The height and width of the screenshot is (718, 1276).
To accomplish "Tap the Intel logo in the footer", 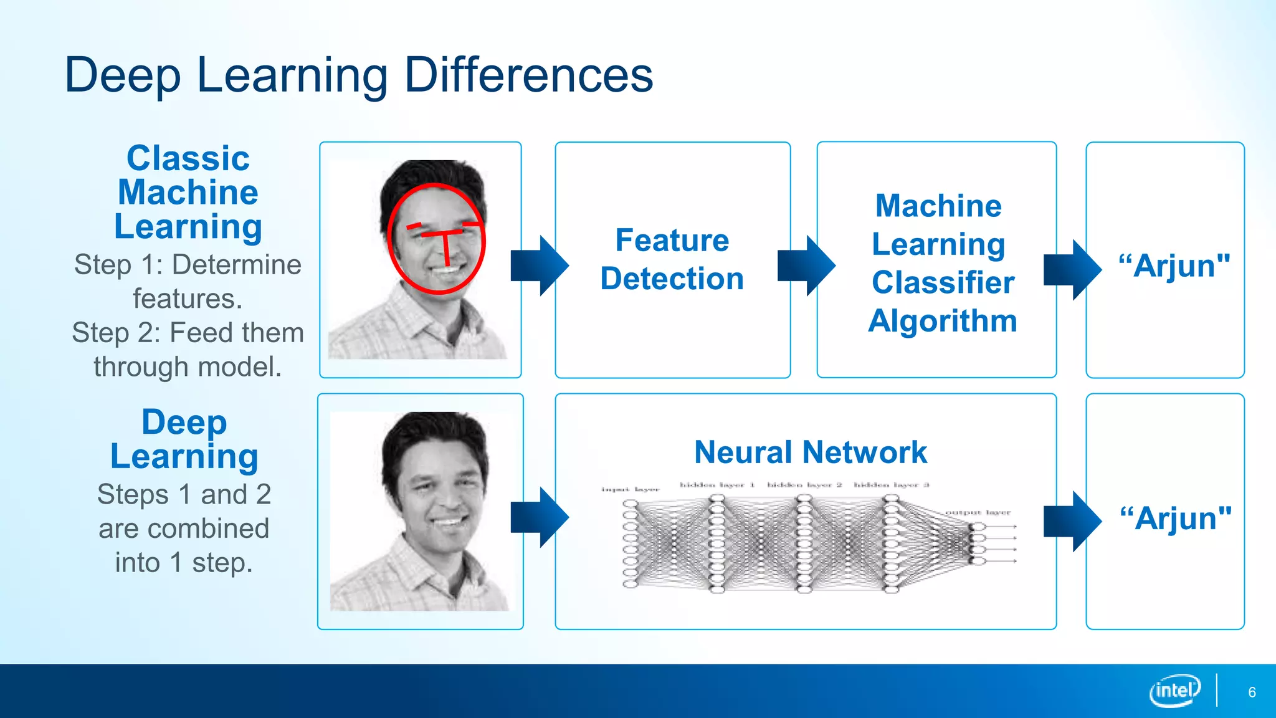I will tap(1174, 691).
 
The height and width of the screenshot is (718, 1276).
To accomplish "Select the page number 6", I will tap(1252, 692).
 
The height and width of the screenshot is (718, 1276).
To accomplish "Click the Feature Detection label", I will tap(672, 259).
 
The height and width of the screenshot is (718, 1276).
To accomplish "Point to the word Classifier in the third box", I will tap(943, 282).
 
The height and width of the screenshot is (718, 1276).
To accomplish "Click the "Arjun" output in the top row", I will tap(1174, 266).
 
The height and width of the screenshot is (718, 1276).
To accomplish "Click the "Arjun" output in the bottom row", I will tap(1176, 518).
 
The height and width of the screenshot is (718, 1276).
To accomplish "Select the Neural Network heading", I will tap(811, 452).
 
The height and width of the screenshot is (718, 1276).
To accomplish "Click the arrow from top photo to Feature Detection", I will tap(540, 266).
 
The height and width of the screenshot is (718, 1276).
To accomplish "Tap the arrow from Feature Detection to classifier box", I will tap(806, 266).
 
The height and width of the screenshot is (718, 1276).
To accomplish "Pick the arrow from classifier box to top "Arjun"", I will tap(1072, 269).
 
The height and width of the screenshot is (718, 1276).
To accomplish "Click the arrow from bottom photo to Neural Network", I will tap(540, 517).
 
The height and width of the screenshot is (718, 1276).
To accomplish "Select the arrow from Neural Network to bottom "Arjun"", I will tap(1072, 521).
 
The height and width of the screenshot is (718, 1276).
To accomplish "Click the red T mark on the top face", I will tap(445, 243).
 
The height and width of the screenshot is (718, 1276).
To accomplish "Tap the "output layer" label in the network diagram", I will tap(978, 512).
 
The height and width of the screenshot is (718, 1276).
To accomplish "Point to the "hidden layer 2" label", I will tap(804, 484).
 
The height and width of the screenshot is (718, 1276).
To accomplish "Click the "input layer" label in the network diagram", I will tap(630, 489).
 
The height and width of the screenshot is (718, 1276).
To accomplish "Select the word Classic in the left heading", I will tap(188, 158).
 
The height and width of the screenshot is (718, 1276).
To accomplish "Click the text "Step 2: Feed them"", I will tap(188, 332).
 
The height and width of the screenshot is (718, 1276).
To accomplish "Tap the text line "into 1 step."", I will tap(184, 562).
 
